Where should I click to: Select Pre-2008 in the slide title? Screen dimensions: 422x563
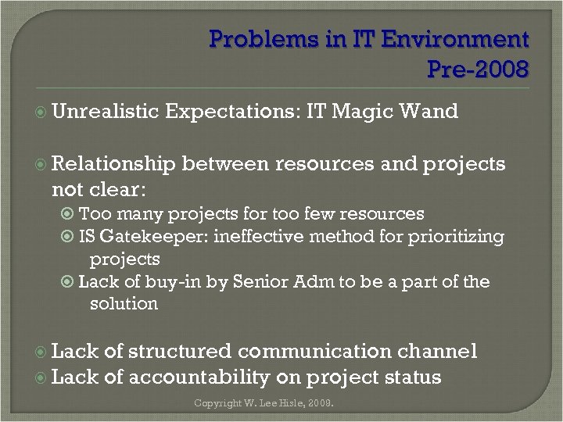(478, 70)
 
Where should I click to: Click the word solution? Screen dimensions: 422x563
(124, 303)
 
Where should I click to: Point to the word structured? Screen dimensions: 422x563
(180, 352)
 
